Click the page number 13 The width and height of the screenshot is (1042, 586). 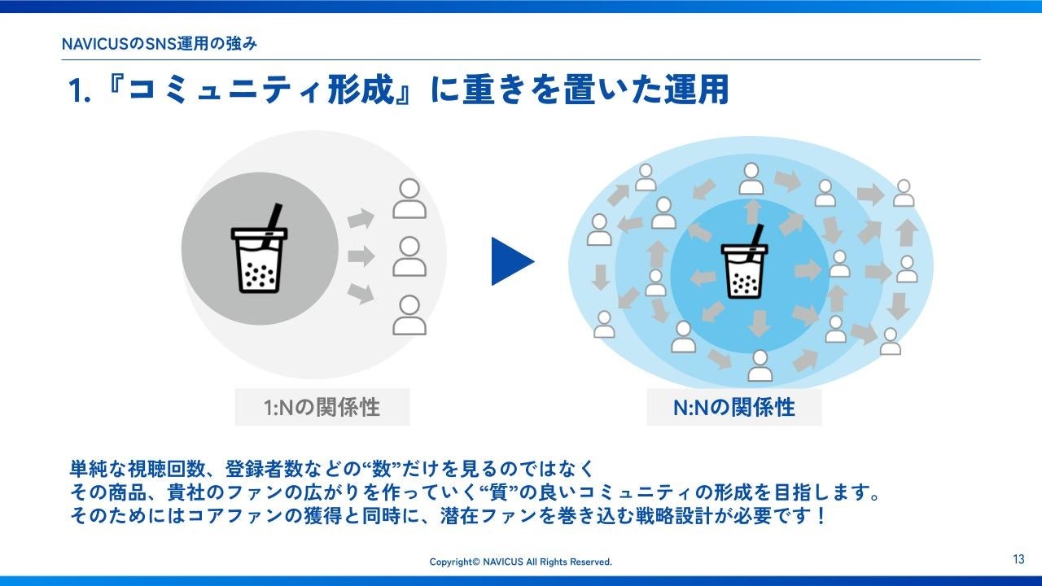(1018, 559)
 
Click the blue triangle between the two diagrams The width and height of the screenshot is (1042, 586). (510, 261)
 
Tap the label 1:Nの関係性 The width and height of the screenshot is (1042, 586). (322, 407)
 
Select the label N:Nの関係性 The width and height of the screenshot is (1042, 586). (733, 407)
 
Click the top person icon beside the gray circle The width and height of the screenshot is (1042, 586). (409, 199)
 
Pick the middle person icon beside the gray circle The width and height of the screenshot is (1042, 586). (409, 257)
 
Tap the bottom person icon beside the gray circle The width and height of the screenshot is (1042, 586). (409, 316)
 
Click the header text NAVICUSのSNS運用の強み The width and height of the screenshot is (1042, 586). (160, 44)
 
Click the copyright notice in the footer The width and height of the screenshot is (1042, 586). (520, 562)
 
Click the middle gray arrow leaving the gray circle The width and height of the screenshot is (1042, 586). (361, 257)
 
